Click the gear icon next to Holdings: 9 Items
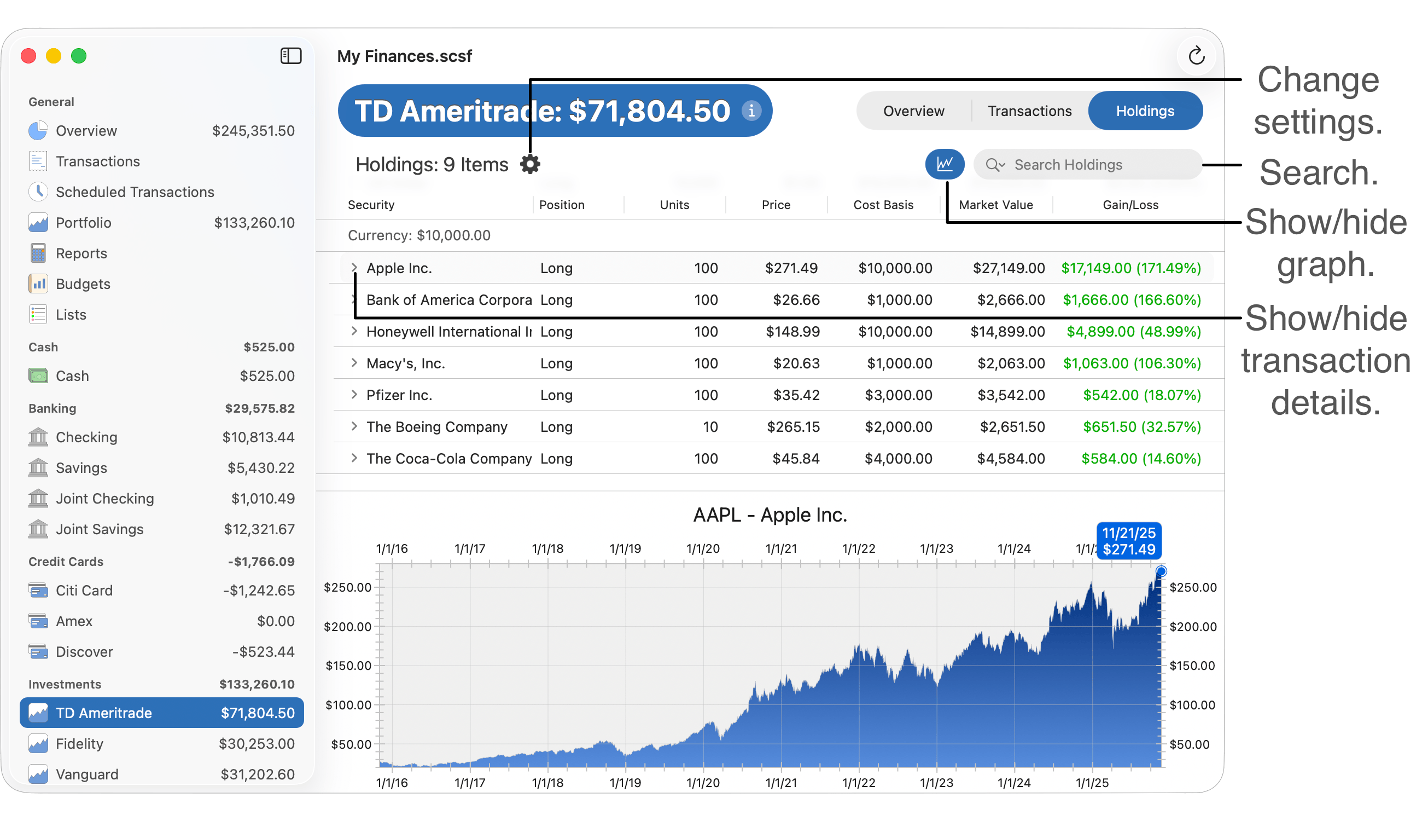click(x=529, y=164)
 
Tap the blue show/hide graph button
click(x=944, y=164)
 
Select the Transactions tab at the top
click(x=1029, y=111)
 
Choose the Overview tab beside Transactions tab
click(x=913, y=111)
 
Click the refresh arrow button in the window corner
click(x=1196, y=56)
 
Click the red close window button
click(x=29, y=56)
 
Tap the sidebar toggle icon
click(x=291, y=56)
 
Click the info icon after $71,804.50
click(x=751, y=111)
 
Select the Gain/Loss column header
click(x=1130, y=205)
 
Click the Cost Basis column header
click(x=883, y=205)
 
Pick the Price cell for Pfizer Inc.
click(x=796, y=395)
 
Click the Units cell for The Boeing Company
click(x=710, y=427)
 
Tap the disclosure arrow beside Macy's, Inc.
click(x=354, y=363)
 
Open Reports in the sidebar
click(x=81, y=253)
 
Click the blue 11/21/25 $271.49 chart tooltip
click(x=1128, y=541)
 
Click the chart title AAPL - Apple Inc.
click(x=770, y=515)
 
